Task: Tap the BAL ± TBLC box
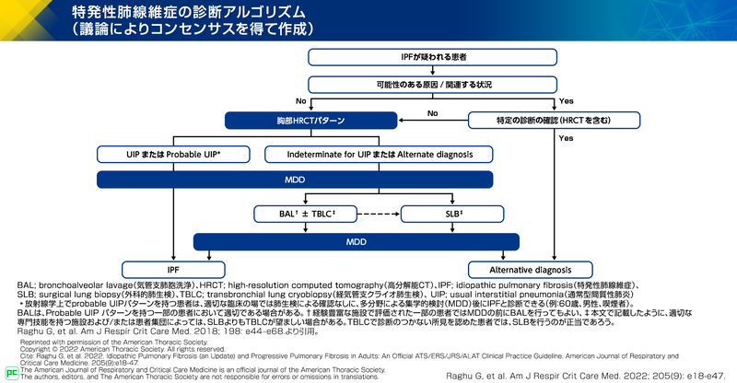pos(296,215)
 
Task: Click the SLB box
pos(439,215)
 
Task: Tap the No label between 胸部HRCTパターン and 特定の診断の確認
pos(431,113)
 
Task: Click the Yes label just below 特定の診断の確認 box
pos(566,138)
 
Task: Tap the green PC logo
pos(11,372)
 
